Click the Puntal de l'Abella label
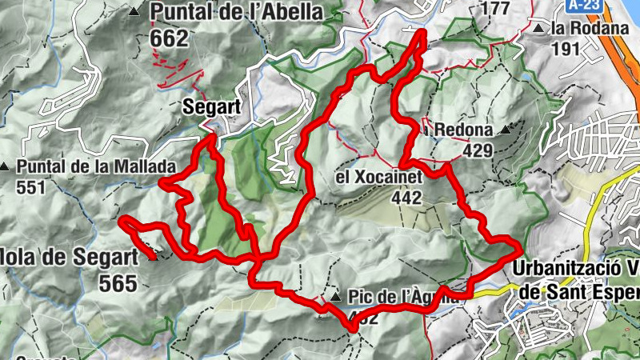pos(237,13)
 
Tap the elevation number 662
pos(169,38)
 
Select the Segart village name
pos(211,106)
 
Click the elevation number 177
pos(496,8)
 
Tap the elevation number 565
pos(118,282)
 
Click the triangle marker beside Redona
pos(505,129)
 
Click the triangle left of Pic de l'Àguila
pos(335,298)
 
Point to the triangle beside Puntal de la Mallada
pos(6,167)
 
